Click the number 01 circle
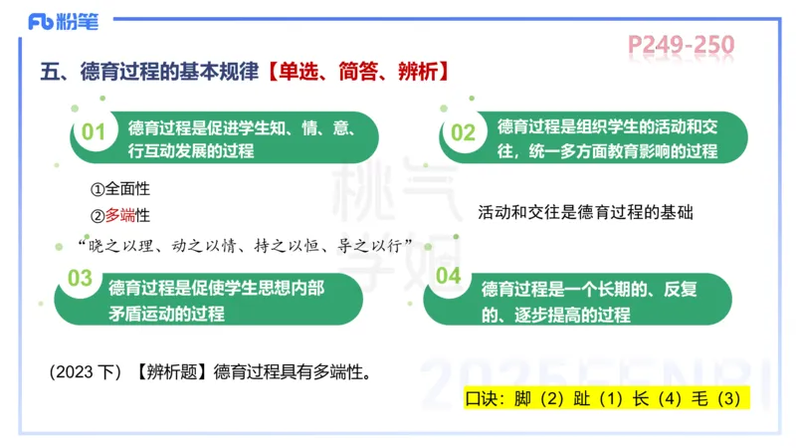93,132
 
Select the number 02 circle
463,132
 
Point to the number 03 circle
80,279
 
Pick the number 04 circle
449,276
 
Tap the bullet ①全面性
119,189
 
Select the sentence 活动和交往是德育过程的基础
584,212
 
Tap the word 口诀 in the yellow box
486,400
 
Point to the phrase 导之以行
373,246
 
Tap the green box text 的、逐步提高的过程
556,315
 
